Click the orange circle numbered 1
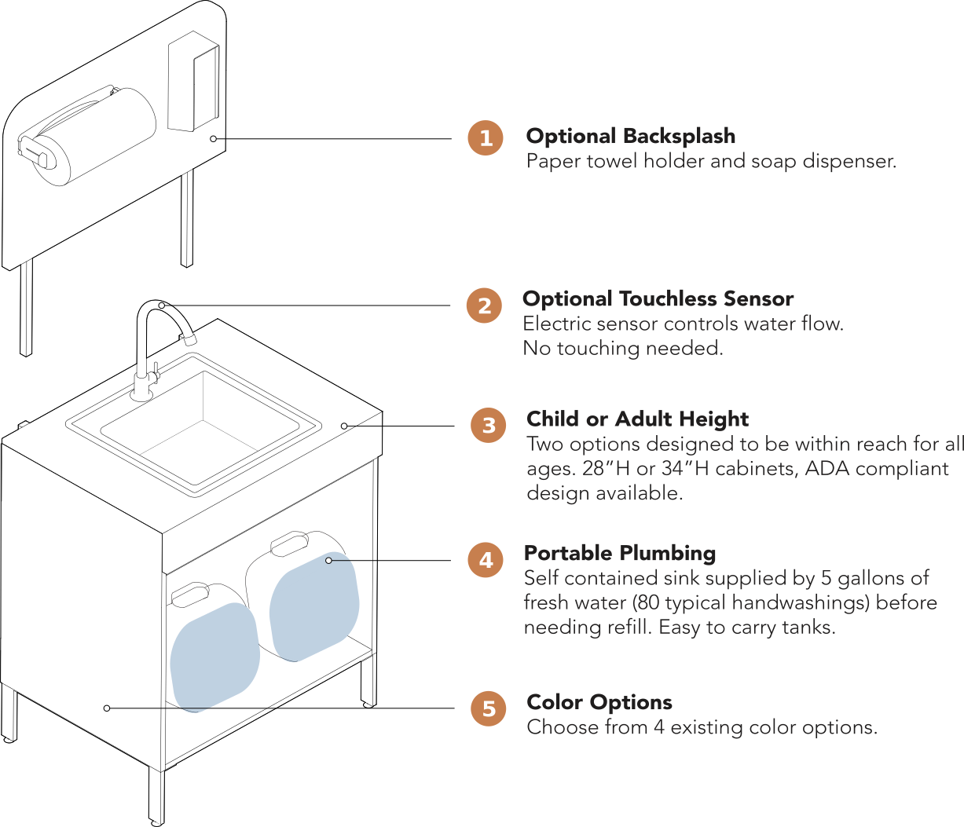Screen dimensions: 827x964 point(486,138)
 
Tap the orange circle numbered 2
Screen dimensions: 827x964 point(484,306)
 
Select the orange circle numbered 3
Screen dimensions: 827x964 point(489,426)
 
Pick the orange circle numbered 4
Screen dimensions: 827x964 point(486,560)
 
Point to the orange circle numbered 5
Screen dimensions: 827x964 point(489,709)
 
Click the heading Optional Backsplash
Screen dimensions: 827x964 point(631,136)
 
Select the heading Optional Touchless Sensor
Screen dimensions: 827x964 point(658,299)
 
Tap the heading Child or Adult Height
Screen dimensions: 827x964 point(637,419)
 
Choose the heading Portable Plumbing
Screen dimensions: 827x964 point(620,554)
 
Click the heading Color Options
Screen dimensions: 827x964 point(599,702)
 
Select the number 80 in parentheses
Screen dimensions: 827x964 point(645,603)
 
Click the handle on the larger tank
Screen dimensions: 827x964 point(291,543)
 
